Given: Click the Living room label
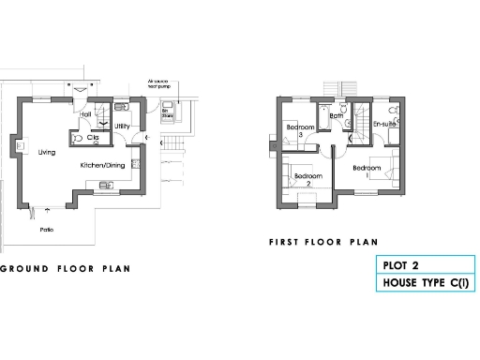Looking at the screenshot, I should point(45,150).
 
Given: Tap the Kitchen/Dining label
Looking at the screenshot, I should point(103,165).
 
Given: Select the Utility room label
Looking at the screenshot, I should point(122,126).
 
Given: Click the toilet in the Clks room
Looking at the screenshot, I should point(80,138).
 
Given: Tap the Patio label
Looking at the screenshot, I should point(45,229).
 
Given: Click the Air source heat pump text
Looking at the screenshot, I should point(161,83).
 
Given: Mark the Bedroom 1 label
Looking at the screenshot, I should point(366,171).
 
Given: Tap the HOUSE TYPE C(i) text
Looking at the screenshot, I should point(422,282).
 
